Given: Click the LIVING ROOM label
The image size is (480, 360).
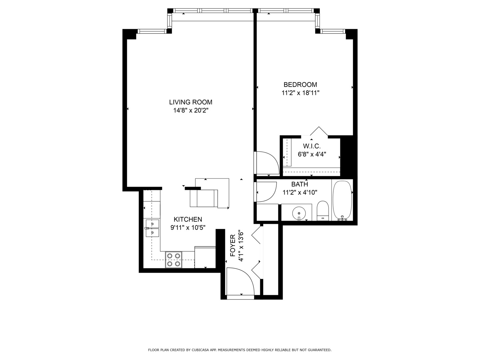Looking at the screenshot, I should [x=190, y=102].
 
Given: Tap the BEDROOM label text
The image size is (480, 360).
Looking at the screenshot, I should [x=300, y=85].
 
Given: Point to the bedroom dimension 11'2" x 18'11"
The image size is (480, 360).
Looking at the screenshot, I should [x=300, y=93].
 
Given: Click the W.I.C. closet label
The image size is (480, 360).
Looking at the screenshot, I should [x=312, y=146].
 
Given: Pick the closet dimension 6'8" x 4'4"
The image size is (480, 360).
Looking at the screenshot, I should [x=312, y=154].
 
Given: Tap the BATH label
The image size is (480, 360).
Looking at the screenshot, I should [x=299, y=184].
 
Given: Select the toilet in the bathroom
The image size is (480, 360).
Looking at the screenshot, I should [x=322, y=211].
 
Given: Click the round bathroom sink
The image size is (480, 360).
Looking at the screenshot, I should [x=299, y=213].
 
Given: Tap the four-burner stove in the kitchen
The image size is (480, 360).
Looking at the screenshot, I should [x=174, y=260].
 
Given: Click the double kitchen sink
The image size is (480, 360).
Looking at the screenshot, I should [x=153, y=228].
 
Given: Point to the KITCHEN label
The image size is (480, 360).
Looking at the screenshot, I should [x=188, y=219].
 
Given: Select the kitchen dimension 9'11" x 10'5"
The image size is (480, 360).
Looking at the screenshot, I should [x=188, y=228].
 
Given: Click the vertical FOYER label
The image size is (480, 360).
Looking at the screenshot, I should [x=233, y=246].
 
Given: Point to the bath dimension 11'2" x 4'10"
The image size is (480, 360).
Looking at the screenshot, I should [x=300, y=192].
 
